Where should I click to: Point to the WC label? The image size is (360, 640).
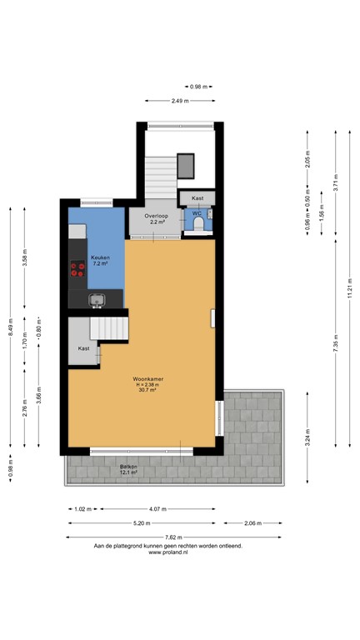click(x=197, y=214)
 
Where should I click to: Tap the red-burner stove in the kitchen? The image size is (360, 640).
click(x=77, y=270)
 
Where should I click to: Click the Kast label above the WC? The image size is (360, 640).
click(x=197, y=198)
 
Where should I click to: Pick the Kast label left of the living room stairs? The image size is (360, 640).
click(x=83, y=348)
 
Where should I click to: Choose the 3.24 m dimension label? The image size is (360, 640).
click(x=307, y=443)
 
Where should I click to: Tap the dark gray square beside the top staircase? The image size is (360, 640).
click(x=187, y=165)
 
